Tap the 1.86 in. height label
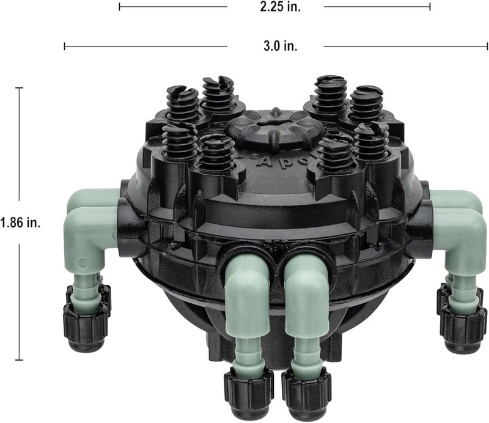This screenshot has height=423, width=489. click(20, 223)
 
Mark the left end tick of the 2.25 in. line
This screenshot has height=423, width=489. click(119, 7)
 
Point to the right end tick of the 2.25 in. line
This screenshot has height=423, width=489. click(430, 7)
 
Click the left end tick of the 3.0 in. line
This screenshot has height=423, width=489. click(65, 46)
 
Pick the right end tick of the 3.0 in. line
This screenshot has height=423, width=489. click(487, 46)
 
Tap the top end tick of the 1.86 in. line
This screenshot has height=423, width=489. click(20, 88)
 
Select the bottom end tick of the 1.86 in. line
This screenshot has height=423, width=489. click(20, 359)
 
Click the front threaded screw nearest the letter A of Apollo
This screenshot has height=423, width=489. click(218, 154)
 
